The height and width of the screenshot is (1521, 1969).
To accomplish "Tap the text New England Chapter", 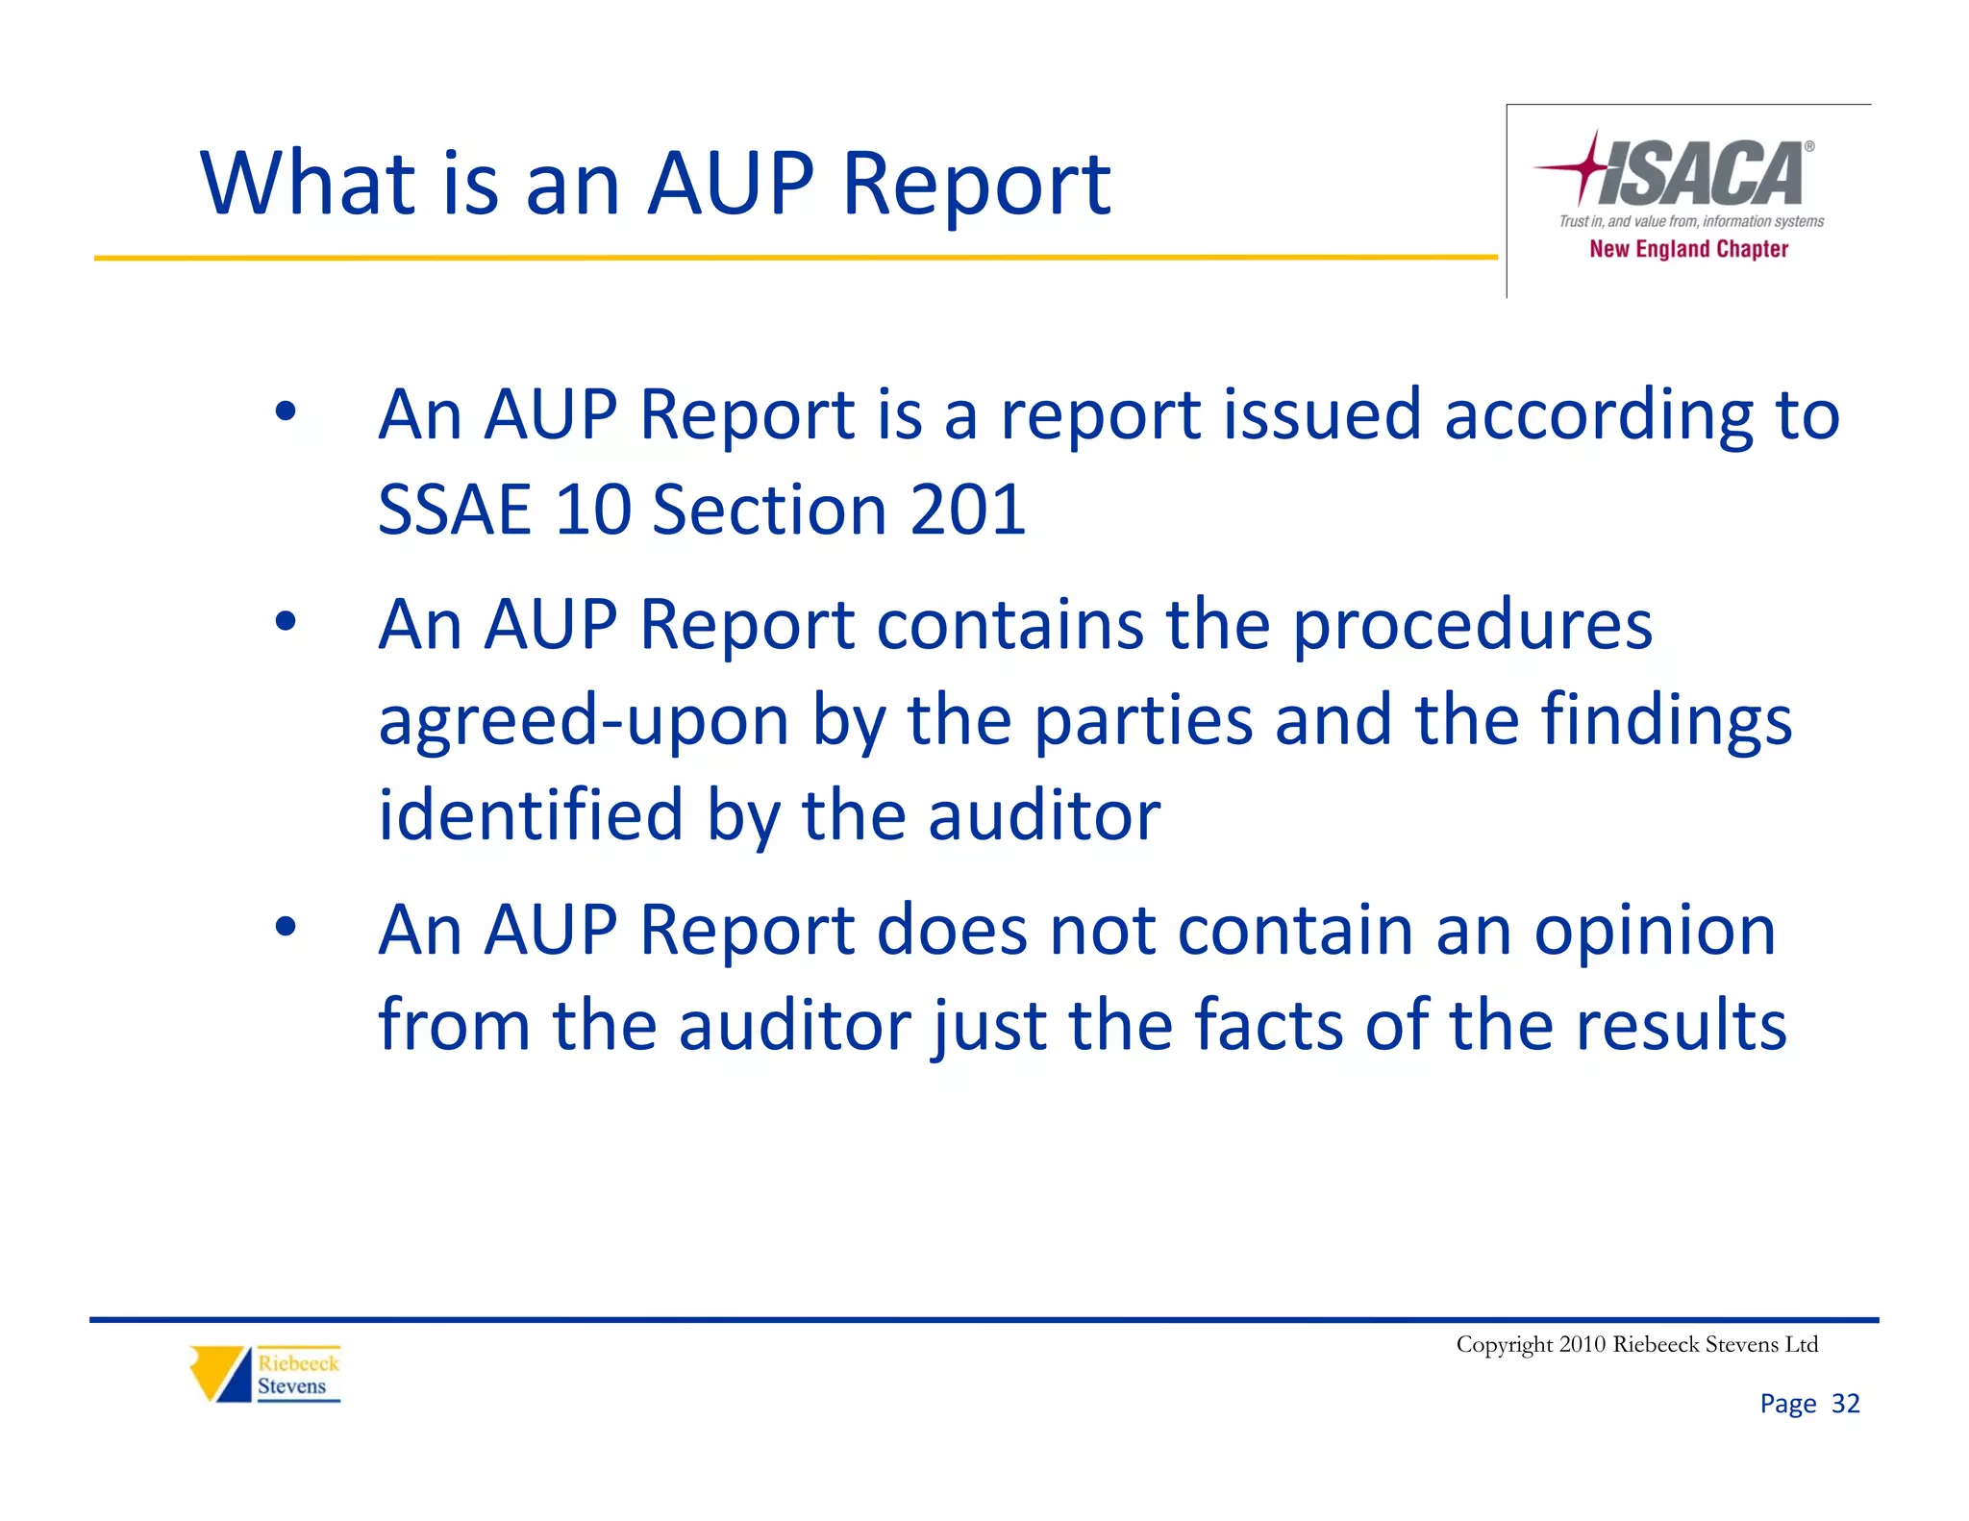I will tap(1688, 249).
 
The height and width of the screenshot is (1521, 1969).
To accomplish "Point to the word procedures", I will tap(1472, 625).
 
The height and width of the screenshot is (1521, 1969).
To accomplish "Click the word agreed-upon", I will tap(584, 720).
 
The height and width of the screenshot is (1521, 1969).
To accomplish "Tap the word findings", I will tap(1666, 720).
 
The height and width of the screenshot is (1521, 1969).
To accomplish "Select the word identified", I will tap(531, 815).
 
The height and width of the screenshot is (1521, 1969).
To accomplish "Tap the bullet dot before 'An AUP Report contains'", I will tap(286, 622).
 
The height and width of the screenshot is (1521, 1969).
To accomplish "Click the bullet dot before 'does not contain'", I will tap(286, 928).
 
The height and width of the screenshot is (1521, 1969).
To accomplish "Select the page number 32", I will tap(1845, 1404).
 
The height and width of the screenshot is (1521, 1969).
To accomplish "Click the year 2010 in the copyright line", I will tap(1582, 1344).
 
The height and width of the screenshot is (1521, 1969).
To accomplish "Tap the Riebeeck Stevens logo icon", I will tap(220, 1373).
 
